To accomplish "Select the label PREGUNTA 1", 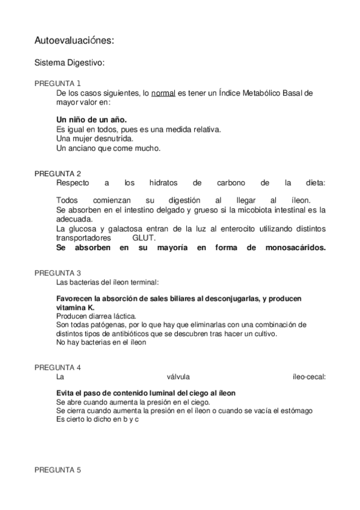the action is [58, 83].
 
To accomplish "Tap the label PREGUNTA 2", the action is [58, 173].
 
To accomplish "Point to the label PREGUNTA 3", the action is [58, 272].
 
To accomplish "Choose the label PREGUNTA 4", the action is [58, 367].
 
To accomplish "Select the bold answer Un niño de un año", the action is [91, 119].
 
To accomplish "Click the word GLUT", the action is [144, 238].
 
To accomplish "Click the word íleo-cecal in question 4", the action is [307, 377].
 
